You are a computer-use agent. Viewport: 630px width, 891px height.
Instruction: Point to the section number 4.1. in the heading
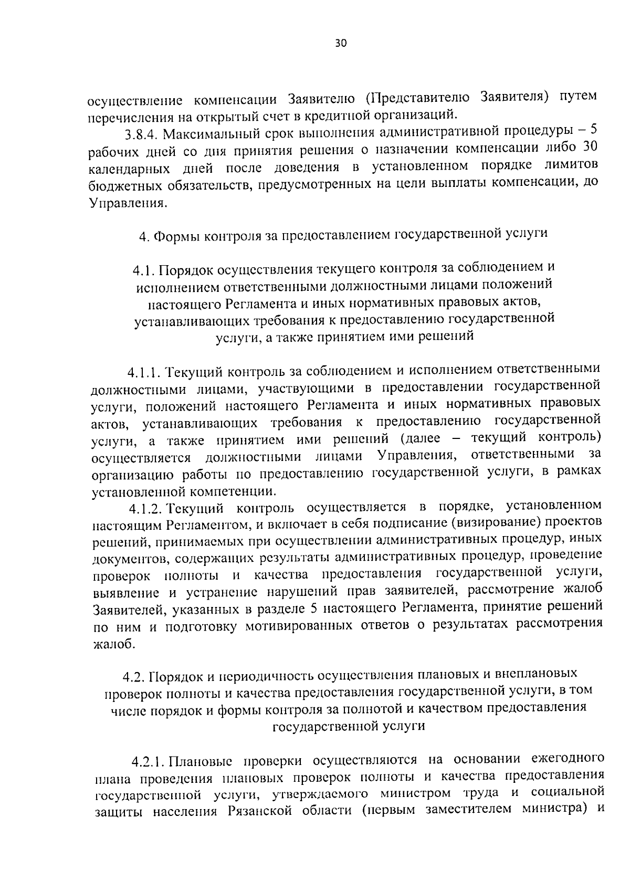143,270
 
